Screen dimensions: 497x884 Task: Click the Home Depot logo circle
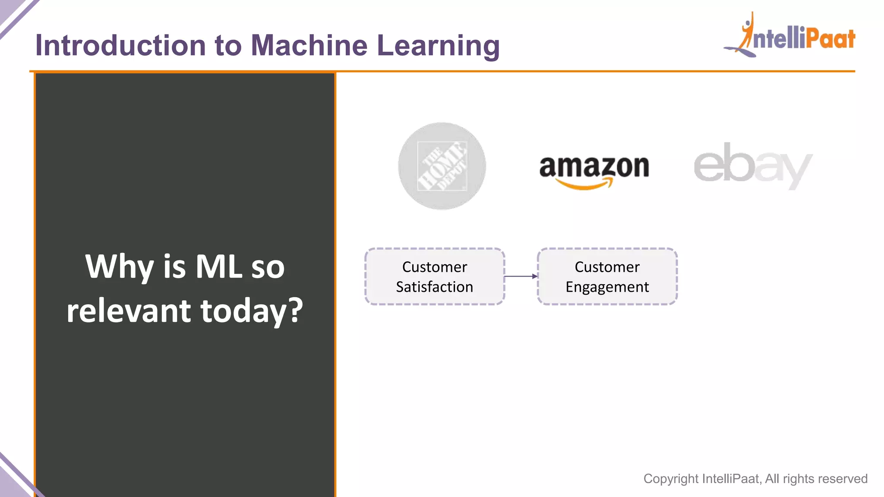442,166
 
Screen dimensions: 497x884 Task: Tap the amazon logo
594,170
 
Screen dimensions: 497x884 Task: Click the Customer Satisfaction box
435,277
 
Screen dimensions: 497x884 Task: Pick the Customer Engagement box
607,277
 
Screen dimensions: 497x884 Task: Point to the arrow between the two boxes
521,276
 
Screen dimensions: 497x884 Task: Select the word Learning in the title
438,46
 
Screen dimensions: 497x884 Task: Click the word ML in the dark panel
218,267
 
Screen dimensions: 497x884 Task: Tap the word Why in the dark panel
120,267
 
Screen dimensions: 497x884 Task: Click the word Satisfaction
434,287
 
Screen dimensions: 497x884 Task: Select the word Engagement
607,287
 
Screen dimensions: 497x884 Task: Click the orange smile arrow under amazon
584,185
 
